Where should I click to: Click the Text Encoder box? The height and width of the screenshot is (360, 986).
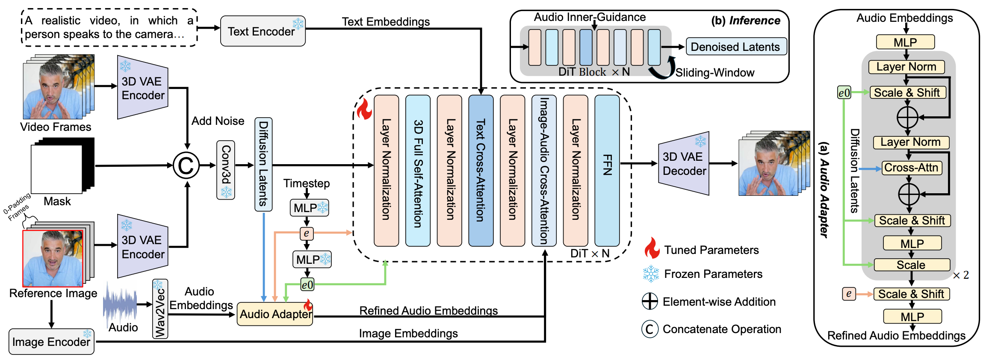click(263, 31)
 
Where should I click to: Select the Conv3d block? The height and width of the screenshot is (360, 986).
click(226, 170)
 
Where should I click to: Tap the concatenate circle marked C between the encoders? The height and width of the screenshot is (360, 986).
click(186, 165)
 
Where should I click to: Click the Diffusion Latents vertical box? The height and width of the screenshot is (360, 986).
click(263, 164)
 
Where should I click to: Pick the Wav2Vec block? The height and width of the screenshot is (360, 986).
click(160, 309)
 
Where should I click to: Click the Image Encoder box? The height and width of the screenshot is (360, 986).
click(51, 342)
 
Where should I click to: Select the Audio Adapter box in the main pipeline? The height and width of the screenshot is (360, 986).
click(275, 314)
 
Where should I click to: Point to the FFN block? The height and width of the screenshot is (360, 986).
click(607, 170)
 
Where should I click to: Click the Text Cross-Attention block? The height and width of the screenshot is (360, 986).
click(481, 170)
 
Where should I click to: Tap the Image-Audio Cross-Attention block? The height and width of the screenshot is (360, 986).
click(544, 170)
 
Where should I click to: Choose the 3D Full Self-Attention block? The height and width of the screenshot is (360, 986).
click(418, 170)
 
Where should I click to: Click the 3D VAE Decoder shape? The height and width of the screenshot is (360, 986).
click(683, 164)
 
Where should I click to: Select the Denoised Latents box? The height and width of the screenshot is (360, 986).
click(735, 47)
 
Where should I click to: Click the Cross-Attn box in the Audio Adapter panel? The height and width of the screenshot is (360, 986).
click(911, 168)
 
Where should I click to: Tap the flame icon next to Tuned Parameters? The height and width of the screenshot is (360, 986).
click(652, 248)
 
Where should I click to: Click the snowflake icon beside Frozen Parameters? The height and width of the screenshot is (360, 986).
click(651, 274)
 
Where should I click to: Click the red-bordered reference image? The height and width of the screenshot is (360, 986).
click(53, 258)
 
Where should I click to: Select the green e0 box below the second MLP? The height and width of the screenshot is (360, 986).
click(307, 285)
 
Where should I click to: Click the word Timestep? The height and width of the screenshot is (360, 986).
click(307, 183)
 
